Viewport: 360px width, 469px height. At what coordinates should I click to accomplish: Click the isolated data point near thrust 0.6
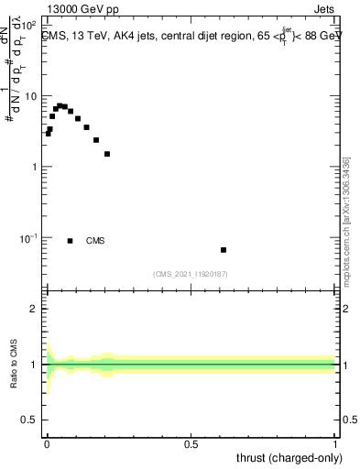224,250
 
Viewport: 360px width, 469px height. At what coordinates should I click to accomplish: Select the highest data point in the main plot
60,105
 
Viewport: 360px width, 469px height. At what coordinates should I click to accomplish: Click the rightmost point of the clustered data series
107,154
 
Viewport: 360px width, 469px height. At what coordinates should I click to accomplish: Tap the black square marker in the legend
71,241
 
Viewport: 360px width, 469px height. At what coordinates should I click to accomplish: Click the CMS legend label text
95,241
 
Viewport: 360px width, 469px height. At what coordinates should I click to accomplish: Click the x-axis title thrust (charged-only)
288,458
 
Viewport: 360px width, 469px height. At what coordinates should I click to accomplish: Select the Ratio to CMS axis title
14,365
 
